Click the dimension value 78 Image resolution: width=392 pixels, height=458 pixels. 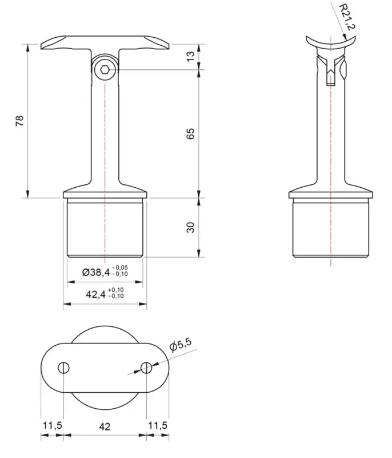point(19,120)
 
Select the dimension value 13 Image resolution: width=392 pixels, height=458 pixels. point(191,56)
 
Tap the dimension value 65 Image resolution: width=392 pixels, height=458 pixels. point(191,133)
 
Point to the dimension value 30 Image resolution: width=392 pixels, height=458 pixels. point(191,227)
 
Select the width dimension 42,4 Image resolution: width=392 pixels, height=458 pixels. point(95,294)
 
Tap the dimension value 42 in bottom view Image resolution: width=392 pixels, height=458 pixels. point(105,426)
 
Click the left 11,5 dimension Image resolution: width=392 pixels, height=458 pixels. point(52,426)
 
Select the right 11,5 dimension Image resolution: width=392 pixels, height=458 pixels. point(158,426)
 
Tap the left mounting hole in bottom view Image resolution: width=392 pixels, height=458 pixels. point(63,367)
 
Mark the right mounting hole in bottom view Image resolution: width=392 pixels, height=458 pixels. point(146,367)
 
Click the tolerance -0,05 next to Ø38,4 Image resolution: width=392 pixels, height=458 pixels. point(120,268)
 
